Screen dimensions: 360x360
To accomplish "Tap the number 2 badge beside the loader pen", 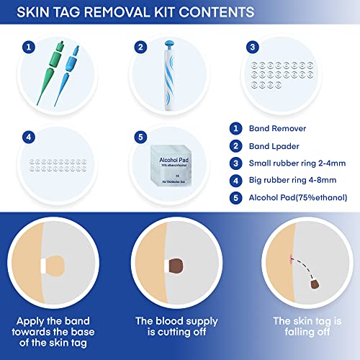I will (140, 48).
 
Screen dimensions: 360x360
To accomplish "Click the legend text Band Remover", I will (279, 129).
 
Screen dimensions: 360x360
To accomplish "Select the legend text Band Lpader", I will (276, 146).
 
